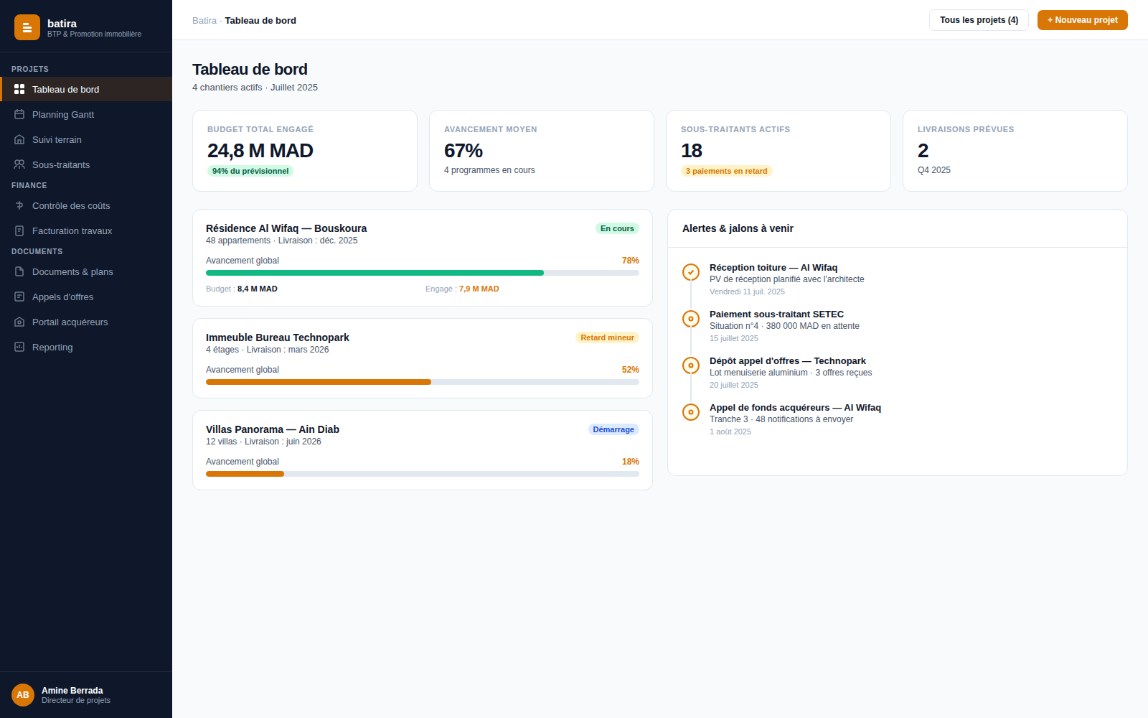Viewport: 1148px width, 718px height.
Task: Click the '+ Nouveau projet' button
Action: point(1082,20)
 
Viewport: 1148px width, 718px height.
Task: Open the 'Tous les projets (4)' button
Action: point(979,20)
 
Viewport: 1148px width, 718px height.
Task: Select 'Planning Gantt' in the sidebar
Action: point(63,114)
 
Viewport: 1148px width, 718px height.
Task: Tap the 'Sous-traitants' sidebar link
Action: point(61,164)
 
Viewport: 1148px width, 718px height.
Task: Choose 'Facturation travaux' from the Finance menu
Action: point(72,230)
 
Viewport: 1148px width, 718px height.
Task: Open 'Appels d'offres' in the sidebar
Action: point(62,297)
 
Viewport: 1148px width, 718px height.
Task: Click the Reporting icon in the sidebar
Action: point(19,348)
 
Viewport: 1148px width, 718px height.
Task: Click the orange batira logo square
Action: point(27,27)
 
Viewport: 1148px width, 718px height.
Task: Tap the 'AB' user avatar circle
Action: point(22,695)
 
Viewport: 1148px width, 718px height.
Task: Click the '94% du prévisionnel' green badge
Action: point(250,171)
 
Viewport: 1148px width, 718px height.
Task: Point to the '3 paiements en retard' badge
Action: point(726,171)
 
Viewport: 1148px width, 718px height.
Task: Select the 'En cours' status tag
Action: point(617,228)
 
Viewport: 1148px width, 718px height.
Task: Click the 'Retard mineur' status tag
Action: point(607,337)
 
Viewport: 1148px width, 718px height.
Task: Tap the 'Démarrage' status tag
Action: point(613,429)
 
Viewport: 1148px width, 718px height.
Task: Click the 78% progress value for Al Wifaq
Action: point(631,261)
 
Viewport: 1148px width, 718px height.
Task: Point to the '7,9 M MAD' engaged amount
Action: point(479,289)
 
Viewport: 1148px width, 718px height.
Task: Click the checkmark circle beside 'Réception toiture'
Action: point(691,272)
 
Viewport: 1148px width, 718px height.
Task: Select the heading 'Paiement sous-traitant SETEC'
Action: point(776,314)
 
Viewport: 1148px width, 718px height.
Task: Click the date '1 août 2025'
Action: point(730,432)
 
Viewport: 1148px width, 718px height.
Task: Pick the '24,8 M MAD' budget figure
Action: point(260,151)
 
